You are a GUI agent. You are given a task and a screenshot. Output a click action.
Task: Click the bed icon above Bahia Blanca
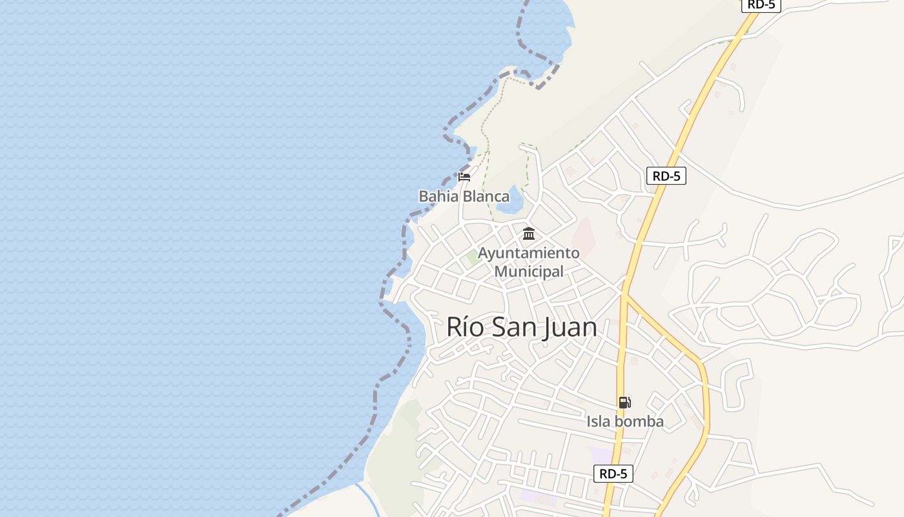coord(464,176)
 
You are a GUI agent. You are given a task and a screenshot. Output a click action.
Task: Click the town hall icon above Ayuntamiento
coord(529,233)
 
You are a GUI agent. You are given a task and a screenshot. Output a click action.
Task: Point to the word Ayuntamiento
coord(529,253)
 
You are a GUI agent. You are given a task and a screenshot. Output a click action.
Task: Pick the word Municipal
coord(529,271)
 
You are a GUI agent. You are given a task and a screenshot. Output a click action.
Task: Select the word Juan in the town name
coord(570,328)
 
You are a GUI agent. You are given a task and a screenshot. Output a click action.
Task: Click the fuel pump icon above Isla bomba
coord(624,403)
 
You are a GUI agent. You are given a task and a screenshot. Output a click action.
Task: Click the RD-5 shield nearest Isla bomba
coord(613,474)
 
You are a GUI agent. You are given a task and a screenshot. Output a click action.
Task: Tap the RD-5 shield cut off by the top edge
coord(762,5)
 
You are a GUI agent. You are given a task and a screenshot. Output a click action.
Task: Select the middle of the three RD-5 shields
coord(666,176)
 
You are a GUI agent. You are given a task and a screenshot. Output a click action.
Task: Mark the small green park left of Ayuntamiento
coord(473,257)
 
